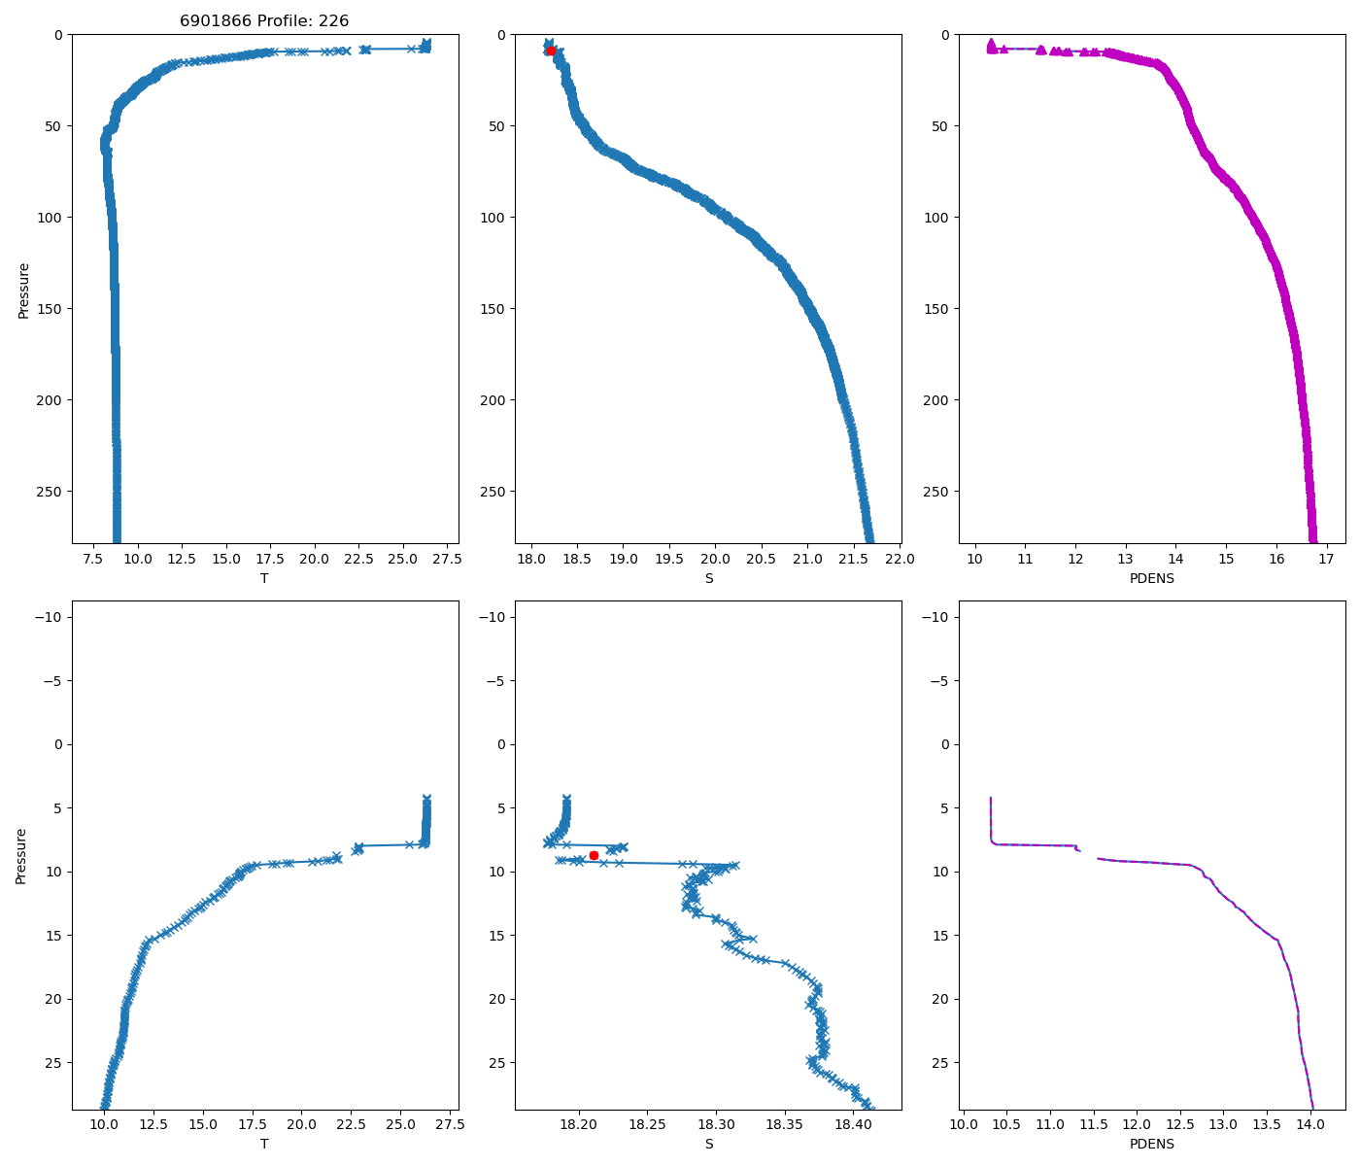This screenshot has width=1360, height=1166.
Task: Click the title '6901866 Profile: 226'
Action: pyautogui.click(x=264, y=20)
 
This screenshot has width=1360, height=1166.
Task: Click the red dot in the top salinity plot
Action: pyautogui.click(x=551, y=51)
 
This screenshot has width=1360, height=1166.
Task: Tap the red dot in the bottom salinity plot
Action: pyautogui.click(x=594, y=855)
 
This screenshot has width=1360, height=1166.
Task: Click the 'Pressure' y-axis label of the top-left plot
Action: pyautogui.click(x=24, y=290)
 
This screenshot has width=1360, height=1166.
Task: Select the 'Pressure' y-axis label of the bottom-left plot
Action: pyautogui.click(x=21, y=855)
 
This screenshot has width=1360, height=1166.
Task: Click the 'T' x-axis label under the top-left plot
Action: pyautogui.click(x=264, y=578)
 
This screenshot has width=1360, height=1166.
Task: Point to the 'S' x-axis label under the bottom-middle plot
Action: pyautogui.click(x=708, y=1144)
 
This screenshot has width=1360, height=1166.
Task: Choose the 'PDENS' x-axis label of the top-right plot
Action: pyautogui.click(x=1151, y=578)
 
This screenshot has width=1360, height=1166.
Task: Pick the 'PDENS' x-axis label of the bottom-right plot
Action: pyautogui.click(x=1151, y=1144)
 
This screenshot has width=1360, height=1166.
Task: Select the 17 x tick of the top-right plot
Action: pyautogui.click(x=1327, y=560)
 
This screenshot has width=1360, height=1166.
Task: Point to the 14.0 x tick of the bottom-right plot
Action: pyautogui.click(x=1310, y=1125)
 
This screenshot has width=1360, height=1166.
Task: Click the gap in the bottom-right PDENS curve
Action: pyautogui.click(x=1089, y=854)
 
